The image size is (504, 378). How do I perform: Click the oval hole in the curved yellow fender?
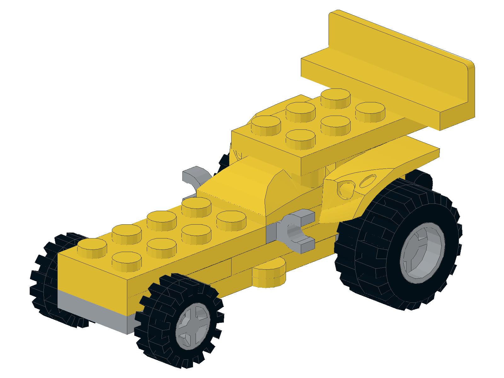point(367,182)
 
